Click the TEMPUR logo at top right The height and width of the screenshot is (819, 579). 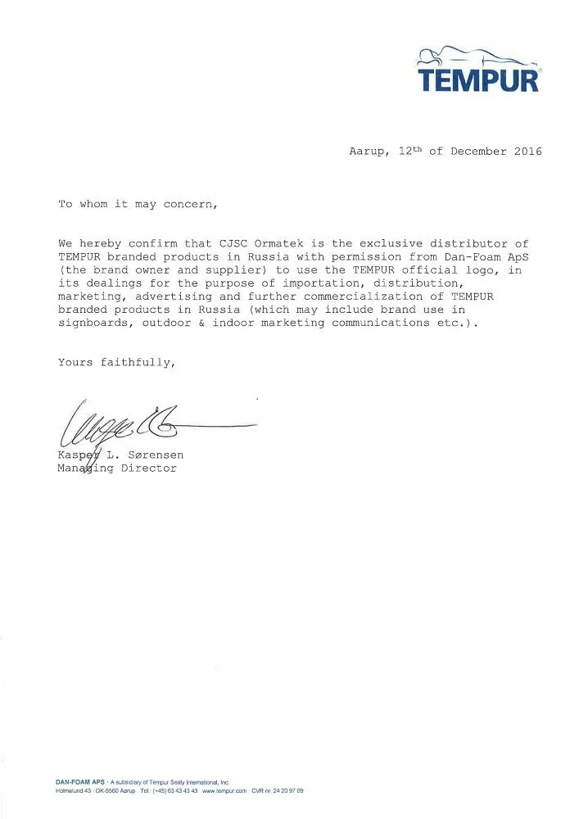pyautogui.click(x=479, y=72)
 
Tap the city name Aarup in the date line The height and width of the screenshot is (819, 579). pyautogui.click(x=366, y=152)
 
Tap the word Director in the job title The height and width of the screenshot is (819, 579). pyautogui.click(x=149, y=468)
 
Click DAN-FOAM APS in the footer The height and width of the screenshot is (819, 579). pyautogui.click(x=78, y=782)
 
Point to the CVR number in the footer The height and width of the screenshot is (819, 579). pyautogui.click(x=278, y=790)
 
